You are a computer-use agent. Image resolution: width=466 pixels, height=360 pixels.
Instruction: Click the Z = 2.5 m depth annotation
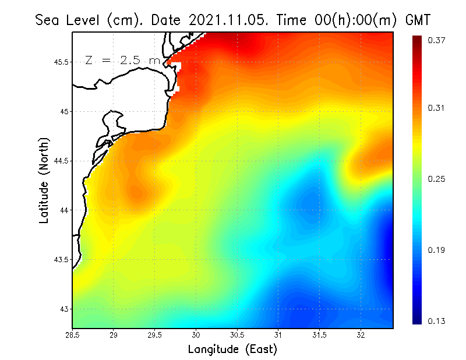coord(122,60)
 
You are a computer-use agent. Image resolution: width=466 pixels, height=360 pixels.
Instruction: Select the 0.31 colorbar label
coord(437,108)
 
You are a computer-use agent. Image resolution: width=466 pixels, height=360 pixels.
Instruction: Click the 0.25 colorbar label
coord(437,179)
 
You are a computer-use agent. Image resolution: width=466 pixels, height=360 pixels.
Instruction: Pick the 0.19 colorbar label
coord(437,250)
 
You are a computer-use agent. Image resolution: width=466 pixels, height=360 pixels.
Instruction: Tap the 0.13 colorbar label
coord(437,321)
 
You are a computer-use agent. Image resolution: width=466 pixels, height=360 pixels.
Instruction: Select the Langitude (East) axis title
coord(232,349)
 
